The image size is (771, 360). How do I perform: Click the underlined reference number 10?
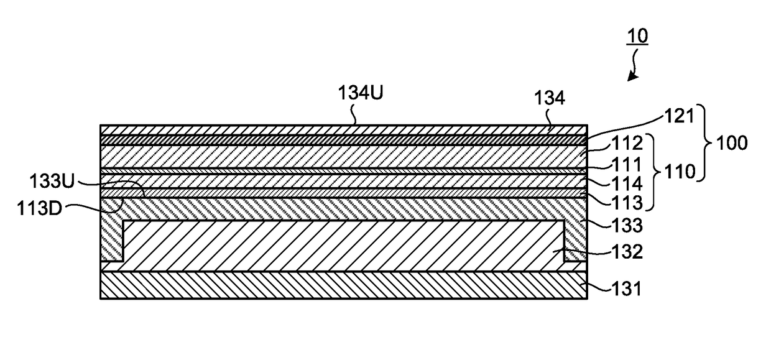(x=637, y=36)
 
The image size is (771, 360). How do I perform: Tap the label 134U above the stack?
(x=361, y=93)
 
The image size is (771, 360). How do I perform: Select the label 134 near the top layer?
(x=550, y=98)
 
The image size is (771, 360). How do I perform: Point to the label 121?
(x=679, y=116)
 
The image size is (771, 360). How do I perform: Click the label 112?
(x=627, y=143)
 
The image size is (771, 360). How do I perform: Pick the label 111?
(x=627, y=165)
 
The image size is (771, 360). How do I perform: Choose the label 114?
(x=627, y=183)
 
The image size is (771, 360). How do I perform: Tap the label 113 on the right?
(x=627, y=203)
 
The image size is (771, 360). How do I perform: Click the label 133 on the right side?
(x=627, y=226)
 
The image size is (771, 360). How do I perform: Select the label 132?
(x=627, y=252)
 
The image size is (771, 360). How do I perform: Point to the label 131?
(x=627, y=288)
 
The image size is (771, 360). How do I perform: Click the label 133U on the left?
(x=52, y=181)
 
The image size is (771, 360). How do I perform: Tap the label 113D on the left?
(x=39, y=208)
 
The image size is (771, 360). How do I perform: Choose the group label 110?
(x=680, y=172)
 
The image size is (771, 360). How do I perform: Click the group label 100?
(x=732, y=143)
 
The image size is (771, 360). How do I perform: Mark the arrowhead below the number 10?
(x=632, y=76)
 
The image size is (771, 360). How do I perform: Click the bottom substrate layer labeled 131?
(x=343, y=285)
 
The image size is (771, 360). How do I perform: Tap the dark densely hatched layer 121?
(x=343, y=140)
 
